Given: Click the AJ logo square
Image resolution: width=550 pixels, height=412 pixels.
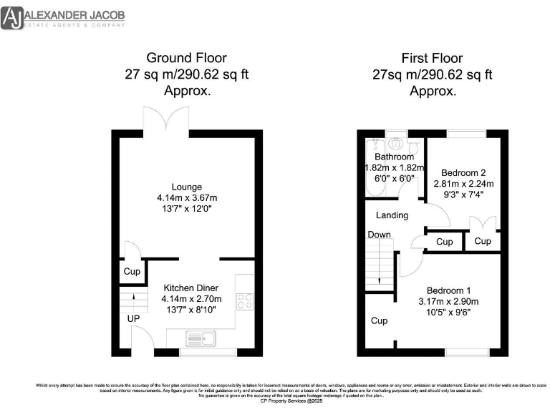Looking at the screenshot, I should click(x=12, y=19).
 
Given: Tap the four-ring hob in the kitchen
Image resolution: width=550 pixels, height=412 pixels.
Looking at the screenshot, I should click(x=245, y=302).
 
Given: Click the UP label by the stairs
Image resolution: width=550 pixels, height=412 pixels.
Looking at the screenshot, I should click(x=133, y=318).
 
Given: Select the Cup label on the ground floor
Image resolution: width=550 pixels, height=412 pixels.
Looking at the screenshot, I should click(x=132, y=272).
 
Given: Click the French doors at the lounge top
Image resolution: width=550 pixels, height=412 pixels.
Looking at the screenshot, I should click(x=166, y=119).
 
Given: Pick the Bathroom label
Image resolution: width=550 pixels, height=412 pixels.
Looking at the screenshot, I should click(x=394, y=157).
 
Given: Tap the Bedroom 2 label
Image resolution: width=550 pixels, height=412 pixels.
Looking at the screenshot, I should click(x=463, y=172).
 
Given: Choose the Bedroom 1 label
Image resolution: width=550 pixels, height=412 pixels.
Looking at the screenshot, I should click(x=448, y=290).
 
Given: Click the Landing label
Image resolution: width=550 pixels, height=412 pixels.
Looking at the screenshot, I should click(x=392, y=215).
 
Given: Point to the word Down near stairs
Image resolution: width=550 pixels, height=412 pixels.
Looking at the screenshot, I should click(x=380, y=235).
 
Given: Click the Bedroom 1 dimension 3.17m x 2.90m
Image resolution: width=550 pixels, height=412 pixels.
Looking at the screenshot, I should click(x=448, y=301).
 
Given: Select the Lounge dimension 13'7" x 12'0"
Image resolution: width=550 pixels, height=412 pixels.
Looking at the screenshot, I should click(x=186, y=208).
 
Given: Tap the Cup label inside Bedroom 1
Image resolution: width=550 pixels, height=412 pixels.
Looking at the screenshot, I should click(x=380, y=321).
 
